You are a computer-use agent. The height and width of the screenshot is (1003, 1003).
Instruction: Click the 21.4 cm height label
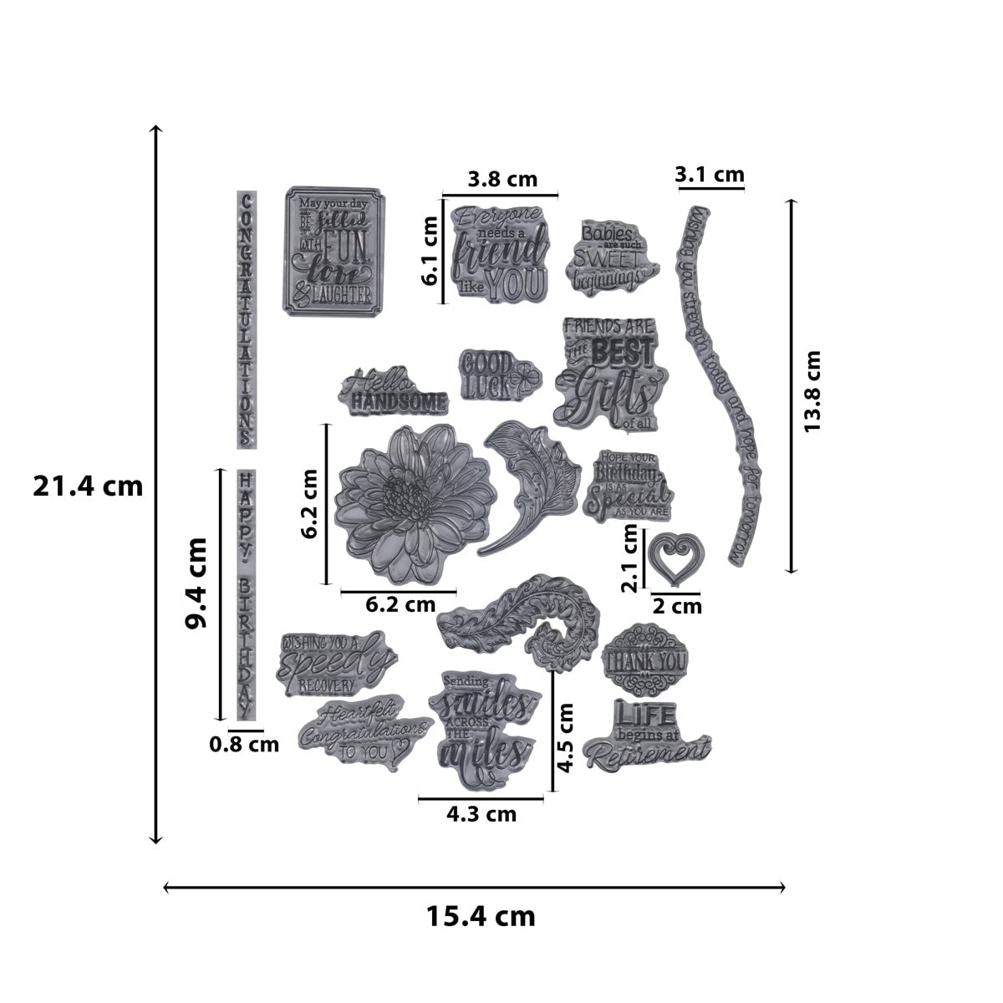[88, 486]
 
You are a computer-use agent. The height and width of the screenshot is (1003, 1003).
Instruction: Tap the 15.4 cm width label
[481, 916]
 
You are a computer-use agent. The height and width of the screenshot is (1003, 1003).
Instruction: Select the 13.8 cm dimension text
[812, 390]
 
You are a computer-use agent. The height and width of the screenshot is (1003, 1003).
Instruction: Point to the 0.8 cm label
[244, 743]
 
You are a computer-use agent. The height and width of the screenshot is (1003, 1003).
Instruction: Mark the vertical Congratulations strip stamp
[246, 319]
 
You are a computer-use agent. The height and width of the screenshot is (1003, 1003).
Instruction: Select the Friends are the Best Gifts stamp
[607, 373]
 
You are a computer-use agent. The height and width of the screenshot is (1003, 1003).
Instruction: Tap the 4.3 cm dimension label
[481, 813]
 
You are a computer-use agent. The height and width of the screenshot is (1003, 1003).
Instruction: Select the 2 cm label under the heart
[676, 606]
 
